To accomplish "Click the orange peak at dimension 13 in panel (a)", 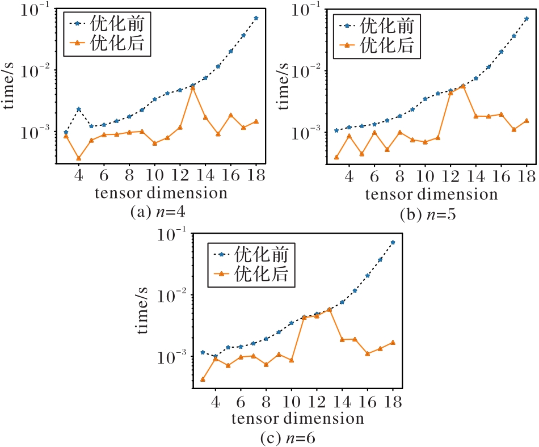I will tap(193, 88).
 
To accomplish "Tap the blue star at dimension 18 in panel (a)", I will tap(256, 18).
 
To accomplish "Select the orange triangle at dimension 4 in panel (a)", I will tap(79, 158).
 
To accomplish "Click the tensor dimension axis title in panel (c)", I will tap(297, 419).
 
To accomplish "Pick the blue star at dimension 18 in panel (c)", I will tap(393, 242).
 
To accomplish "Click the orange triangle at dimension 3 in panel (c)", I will tap(203, 379).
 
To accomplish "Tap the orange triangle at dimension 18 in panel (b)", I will tap(527, 120).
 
